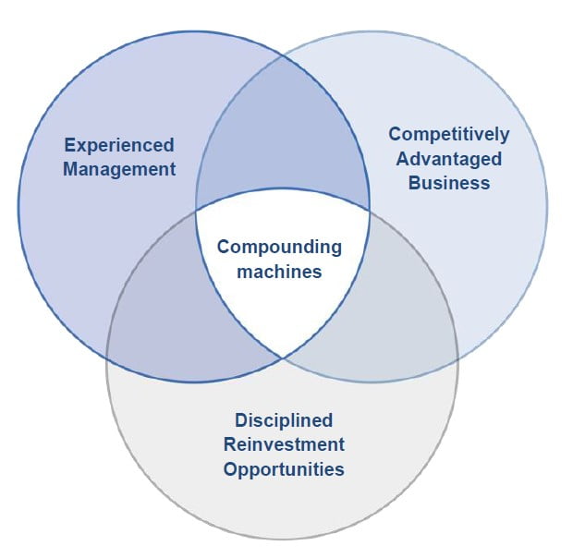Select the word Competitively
tap(449, 134)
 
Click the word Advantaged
tap(449, 158)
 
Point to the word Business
tap(449, 182)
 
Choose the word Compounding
tap(279, 248)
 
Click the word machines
tap(279, 272)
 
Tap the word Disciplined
tap(284, 420)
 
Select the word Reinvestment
tap(284, 444)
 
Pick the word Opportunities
tap(284, 468)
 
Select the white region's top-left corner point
tap(196, 210)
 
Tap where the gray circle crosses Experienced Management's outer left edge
tap(106, 356)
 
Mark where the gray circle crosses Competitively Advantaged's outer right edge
tap(457, 356)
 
